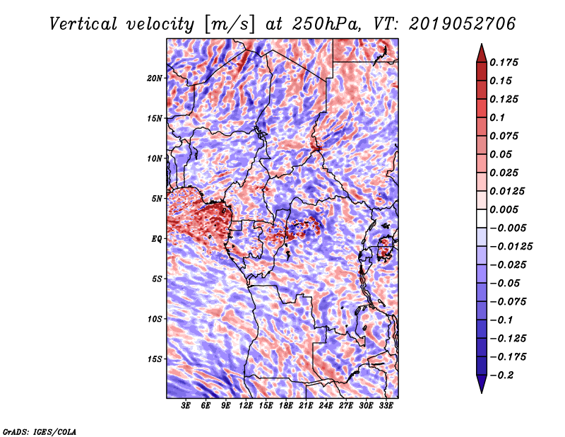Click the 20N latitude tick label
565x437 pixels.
[154, 78]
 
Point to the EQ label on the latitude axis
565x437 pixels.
[157, 239]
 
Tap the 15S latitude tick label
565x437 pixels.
[154, 359]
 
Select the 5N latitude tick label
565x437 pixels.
[157, 199]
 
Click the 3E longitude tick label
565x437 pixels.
[186, 405]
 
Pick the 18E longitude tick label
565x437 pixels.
[286, 405]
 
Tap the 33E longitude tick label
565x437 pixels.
[386, 405]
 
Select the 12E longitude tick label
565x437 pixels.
[246, 405]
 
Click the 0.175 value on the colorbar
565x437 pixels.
[504, 62]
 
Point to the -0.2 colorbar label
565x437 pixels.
[501, 375]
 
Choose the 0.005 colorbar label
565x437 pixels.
[504, 209]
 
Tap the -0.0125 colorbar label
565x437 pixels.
[511, 247]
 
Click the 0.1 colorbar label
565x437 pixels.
[497, 117]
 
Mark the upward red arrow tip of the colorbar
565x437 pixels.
[482, 45]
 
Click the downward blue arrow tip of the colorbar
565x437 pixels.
[482, 392]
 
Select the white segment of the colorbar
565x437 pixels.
[482, 218]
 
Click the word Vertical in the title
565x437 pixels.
[83, 24]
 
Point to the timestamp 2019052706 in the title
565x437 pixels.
[462, 24]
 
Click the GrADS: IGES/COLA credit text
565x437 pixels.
[40, 431]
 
